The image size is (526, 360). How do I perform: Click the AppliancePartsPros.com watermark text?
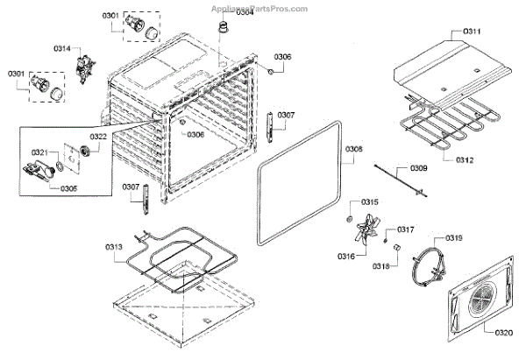point(259,6)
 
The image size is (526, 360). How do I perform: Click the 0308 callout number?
point(353,148)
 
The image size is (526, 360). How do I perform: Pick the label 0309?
point(420,168)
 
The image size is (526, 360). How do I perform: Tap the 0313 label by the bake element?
point(115,248)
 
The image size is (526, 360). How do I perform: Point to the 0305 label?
point(68,187)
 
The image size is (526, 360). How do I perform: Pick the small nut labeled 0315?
point(350,215)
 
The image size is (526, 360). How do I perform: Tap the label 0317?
point(405,229)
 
